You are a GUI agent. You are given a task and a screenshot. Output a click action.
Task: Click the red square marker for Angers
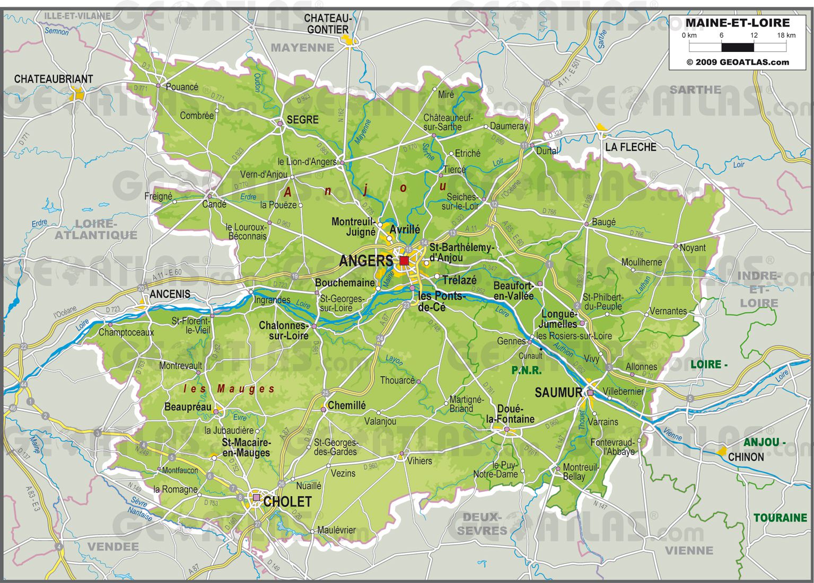pos(404,260)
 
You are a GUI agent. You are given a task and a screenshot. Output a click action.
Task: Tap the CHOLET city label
pos(287,501)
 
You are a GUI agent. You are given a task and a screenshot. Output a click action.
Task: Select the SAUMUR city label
pos(558,393)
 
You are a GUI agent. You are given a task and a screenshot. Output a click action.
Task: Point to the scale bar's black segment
pos(737,48)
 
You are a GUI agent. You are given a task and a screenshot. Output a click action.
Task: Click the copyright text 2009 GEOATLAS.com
pos(737,62)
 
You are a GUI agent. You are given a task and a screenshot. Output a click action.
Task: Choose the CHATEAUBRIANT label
pos(53,79)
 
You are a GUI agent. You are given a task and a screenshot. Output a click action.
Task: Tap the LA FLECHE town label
pos(631,147)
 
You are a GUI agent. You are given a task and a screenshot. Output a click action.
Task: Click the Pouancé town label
pos(182,87)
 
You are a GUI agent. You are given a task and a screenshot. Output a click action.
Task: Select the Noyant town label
pos(693,248)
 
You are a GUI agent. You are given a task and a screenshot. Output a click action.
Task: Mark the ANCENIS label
pos(170,294)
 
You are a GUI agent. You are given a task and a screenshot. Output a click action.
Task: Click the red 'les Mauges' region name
pos(229,389)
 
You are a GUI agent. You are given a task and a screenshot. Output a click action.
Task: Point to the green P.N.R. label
pos(526,370)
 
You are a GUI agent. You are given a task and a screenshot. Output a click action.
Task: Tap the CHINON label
pos(746,457)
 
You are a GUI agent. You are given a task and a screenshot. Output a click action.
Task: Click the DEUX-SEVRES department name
pos(482,523)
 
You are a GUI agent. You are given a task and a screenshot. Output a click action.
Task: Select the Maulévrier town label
pos(336,530)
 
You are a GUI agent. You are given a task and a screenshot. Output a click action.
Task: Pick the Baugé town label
pos(603,222)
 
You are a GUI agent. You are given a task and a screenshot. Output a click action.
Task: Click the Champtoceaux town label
pos(126,332)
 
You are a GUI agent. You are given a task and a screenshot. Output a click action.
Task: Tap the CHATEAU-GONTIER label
pos(328,24)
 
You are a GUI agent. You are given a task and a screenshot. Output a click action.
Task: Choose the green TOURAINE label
pos(780,518)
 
